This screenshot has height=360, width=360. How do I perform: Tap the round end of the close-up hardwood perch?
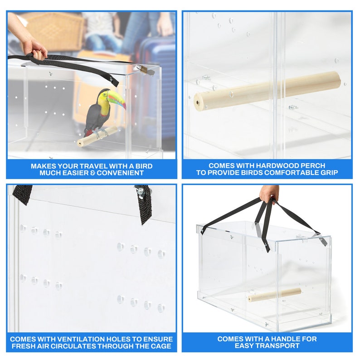pyautogui.click(x=199, y=101)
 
